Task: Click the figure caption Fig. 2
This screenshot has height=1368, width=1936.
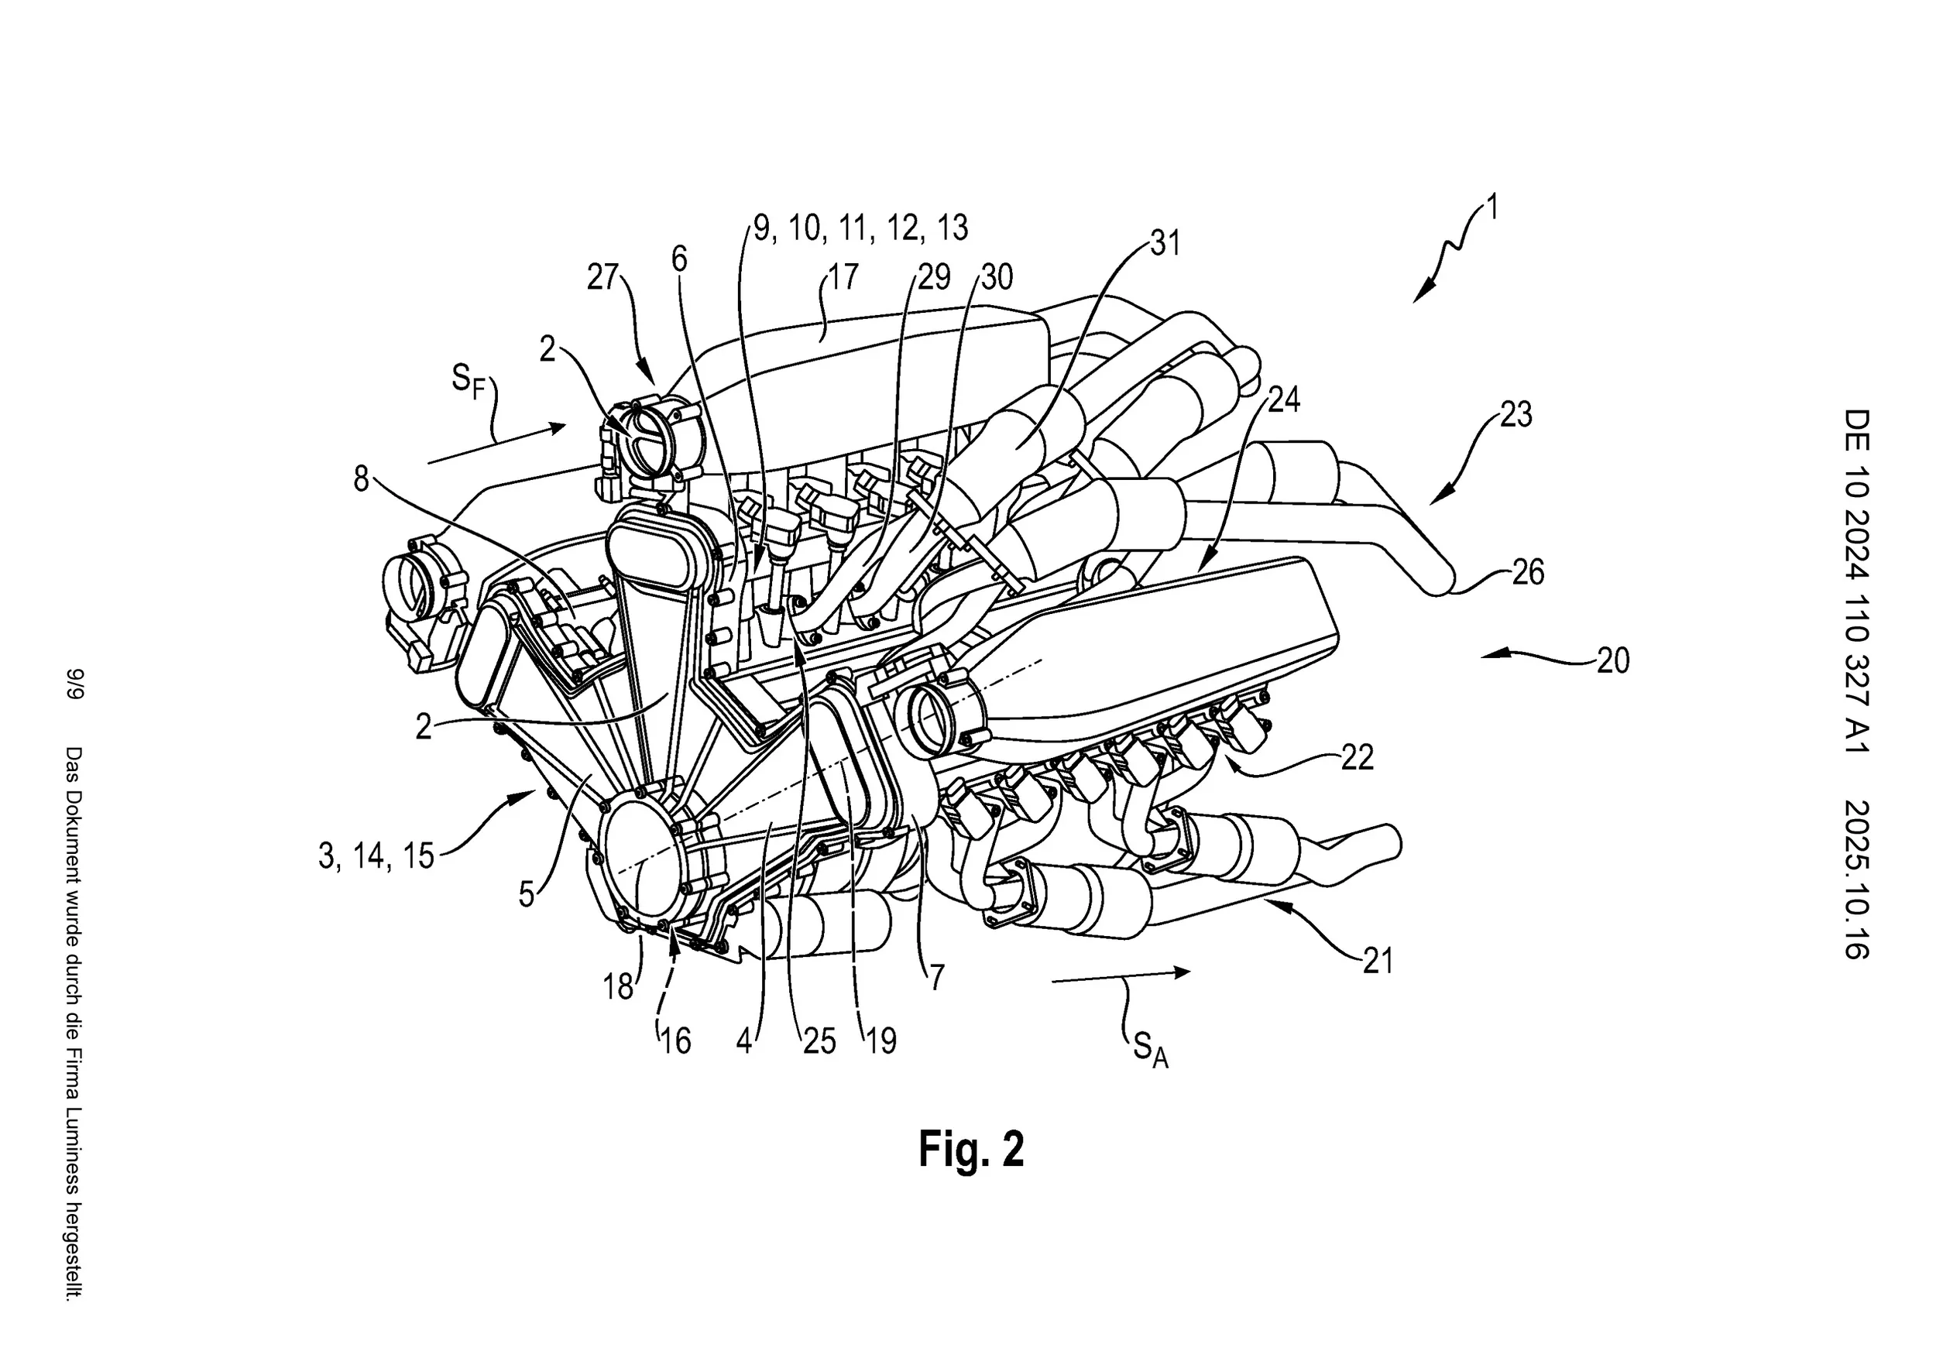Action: pos(970,1149)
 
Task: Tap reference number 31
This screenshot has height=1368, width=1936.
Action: pos(1165,244)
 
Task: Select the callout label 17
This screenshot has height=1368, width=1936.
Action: pos(843,276)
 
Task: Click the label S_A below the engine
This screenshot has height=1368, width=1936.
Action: pos(1149,1051)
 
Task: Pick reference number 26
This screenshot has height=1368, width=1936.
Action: pos(1527,572)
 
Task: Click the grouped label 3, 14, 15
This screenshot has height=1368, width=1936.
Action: pos(376,855)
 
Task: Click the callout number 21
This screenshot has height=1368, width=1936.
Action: pos(1377,961)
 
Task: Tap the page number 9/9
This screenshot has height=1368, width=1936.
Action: pos(77,684)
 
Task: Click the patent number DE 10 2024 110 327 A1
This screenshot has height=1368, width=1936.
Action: pos(1857,581)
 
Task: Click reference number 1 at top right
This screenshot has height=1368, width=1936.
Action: pos(1491,207)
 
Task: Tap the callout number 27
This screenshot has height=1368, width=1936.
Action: pos(603,277)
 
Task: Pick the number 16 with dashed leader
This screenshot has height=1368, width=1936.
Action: pos(675,1042)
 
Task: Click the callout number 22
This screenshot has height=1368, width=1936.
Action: pos(1357,757)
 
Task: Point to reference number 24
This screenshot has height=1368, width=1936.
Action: pos(1283,399)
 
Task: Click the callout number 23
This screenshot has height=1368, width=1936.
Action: pos(1516,414)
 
